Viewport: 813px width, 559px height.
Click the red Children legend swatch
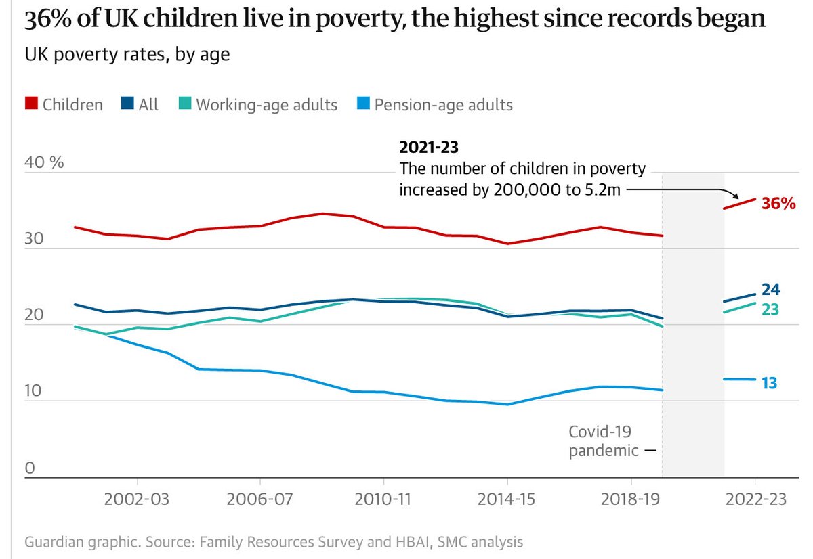click(30, 104)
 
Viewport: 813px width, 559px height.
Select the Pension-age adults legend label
click(443, 105)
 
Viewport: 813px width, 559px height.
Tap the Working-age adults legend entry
click(266, 105)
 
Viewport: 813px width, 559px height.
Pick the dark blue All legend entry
click(148, 105)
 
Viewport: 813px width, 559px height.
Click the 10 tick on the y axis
click(34, 392)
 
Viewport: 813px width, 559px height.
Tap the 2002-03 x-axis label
click(138, 499)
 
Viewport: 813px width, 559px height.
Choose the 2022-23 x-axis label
click(755, 499)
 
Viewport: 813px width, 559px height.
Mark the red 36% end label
click(778, 203)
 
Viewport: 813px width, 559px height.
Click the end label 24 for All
click(771, 290)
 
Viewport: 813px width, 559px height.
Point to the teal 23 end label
click(770, 309)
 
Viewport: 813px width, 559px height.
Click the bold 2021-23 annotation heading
click(424, 147)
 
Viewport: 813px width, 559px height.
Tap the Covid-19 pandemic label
click(603, 441)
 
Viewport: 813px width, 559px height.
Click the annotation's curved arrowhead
click(736, 198)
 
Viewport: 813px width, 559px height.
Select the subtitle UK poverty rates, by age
click(127, 54)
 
